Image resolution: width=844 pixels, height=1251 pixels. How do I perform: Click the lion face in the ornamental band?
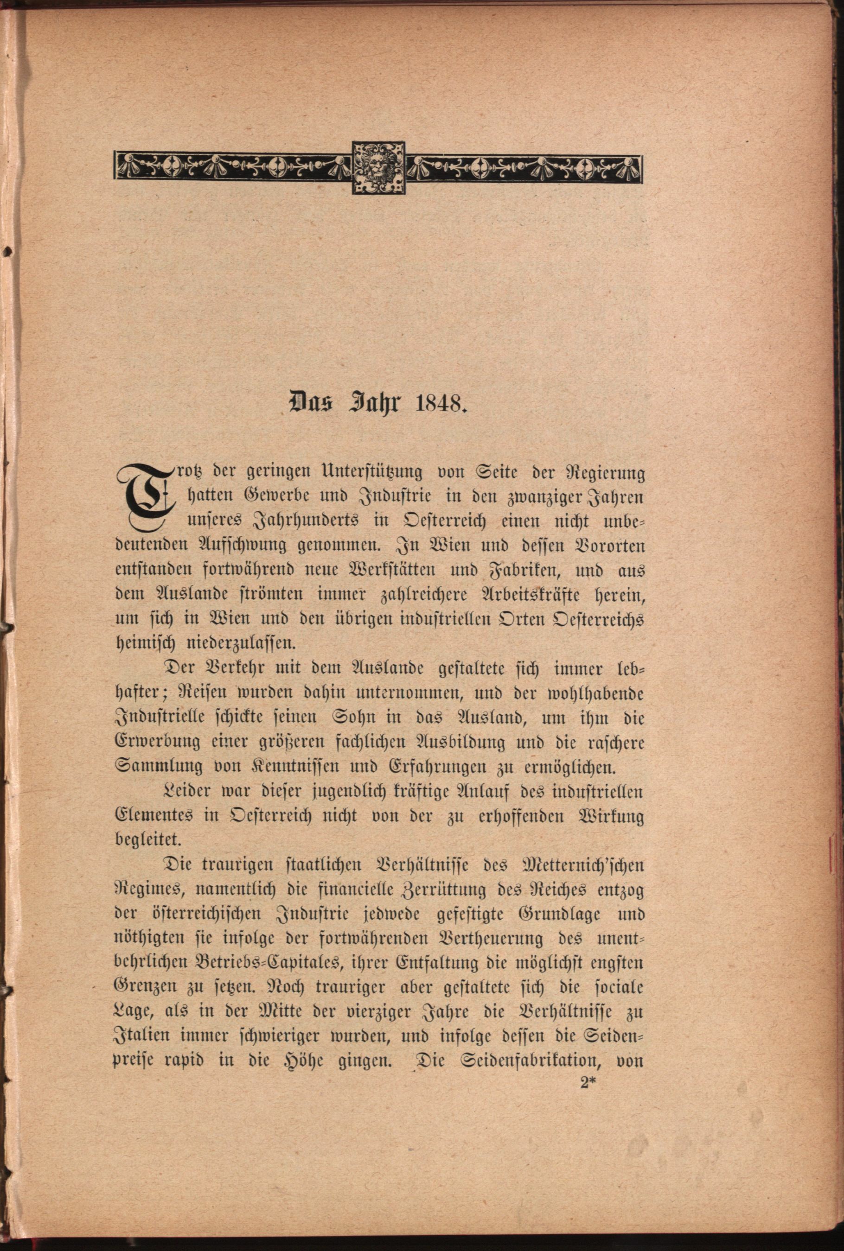click(378, 167)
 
